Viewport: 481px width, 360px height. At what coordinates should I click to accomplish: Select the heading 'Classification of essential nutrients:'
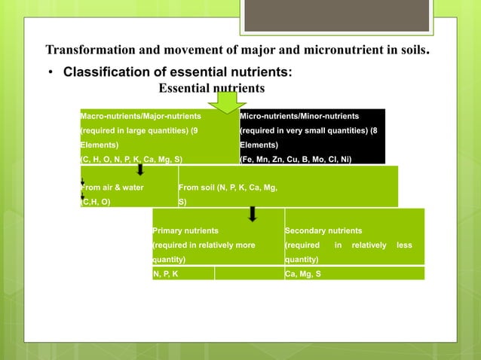tap(177, 73)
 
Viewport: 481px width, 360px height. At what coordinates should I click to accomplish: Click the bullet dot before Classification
tap(51, 74)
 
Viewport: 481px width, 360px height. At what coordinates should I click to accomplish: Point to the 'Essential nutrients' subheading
tap(211, 88)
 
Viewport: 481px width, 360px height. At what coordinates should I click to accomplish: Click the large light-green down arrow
tap(226, 104)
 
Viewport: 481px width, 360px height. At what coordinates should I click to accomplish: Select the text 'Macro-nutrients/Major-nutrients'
tap(141, 116)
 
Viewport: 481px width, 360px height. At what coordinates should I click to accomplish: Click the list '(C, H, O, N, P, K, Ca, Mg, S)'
tap(131, 159)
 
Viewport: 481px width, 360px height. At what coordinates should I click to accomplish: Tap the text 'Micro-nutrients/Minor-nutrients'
tap(299, 116)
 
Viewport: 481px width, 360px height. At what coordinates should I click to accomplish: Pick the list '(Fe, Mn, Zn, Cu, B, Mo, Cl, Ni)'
tap(295, 159)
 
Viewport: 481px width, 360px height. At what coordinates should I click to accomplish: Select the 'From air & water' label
tap(112, 187)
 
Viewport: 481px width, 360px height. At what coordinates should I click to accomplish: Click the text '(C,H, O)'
tap(96, 201)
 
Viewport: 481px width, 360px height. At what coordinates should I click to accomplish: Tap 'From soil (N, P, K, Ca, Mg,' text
tap(228, 187)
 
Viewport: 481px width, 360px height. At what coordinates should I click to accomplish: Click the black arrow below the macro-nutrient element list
tap(140, 169)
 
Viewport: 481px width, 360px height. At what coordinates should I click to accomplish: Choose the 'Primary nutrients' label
tap(185, 230)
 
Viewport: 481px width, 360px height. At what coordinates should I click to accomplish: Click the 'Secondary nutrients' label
tap(323, 230)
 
